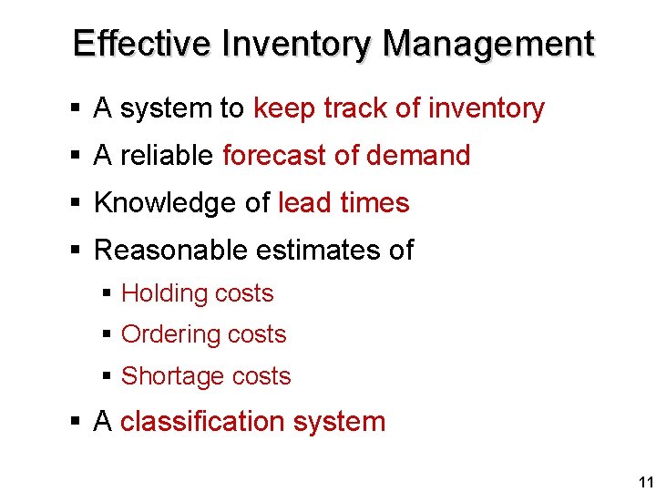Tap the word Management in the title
coord(488,43)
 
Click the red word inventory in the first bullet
coord(487,108)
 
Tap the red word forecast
coord(274,156)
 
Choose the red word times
coord(374,202)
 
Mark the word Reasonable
coord(173,250)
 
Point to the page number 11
coord(645,482)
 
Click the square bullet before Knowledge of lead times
coord(77,203)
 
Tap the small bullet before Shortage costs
coord(108,376)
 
